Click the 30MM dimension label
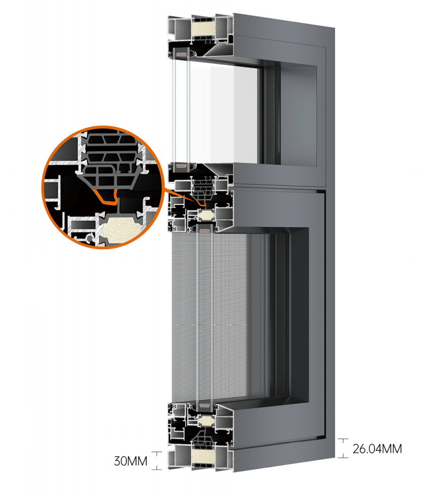[x=131, y=461]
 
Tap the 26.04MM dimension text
[x=377, y=449]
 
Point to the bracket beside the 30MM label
[x=157, y=460]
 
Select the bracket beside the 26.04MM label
[x=343, y=448]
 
